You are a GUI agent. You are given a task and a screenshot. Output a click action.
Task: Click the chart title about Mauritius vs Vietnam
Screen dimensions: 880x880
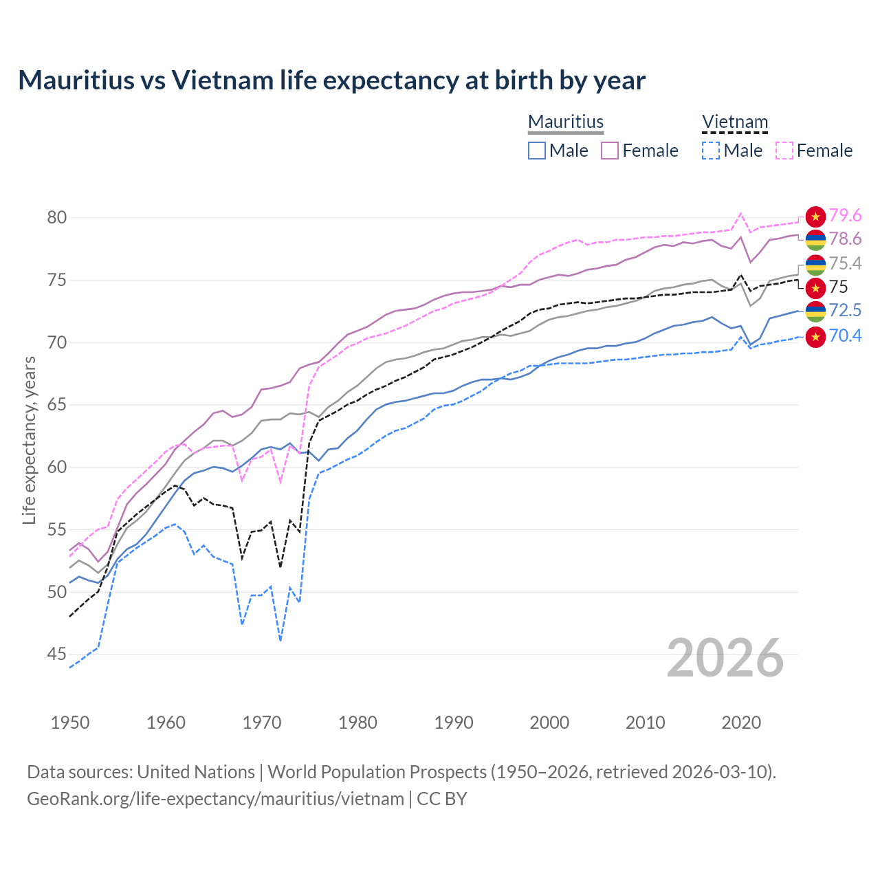(331, 80)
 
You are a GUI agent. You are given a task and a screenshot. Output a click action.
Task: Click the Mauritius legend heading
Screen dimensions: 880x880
(566, 122)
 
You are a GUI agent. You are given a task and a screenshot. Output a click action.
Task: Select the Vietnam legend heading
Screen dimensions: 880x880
(734, 122)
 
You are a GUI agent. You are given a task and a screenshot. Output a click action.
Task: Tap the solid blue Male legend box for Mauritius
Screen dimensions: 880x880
(537, 151)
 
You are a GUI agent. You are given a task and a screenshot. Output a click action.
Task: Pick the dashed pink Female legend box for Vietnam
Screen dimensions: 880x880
(784, 151)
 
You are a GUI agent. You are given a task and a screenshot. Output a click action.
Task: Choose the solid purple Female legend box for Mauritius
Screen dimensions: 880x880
(610, 151)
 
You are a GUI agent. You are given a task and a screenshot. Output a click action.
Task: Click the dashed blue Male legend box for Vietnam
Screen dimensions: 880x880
(711, 151)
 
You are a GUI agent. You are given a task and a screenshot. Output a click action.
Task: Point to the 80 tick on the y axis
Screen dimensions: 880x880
(57, 218)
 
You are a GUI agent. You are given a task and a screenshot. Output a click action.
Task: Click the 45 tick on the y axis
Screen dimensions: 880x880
(57, 654)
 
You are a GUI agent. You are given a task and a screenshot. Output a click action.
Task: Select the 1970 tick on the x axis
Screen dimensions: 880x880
(262, 723)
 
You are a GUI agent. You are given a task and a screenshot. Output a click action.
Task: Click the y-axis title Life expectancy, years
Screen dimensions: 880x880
(29, 440)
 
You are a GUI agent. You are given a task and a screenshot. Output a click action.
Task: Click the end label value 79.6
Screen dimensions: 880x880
(845, 216)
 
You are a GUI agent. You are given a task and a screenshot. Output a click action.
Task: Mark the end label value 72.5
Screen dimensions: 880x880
(845, 311)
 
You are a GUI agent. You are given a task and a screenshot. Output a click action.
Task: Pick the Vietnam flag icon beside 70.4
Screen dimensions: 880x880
(815, 337)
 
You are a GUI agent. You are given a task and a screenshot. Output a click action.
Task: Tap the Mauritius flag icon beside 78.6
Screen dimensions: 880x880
(815, 240)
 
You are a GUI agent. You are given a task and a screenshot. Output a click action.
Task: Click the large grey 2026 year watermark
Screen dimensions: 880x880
(725, 658)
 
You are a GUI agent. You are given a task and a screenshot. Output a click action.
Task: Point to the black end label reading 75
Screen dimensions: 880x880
(838, 287)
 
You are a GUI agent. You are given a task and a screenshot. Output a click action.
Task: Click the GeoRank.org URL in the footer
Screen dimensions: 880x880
(215, 799)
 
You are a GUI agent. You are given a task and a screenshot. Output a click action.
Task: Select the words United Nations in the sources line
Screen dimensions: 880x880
(196, 772)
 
